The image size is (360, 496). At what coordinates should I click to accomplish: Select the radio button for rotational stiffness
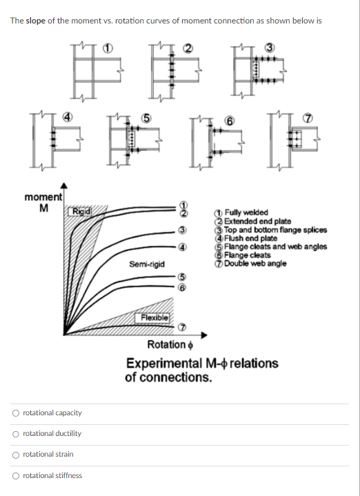(16, 475)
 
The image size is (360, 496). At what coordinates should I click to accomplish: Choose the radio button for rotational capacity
(16, 413)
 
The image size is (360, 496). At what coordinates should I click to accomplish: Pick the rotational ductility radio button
(16, 433)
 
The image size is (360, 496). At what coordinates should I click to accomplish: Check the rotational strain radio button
(16, 454)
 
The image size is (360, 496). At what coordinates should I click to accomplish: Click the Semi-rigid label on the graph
(146, 264)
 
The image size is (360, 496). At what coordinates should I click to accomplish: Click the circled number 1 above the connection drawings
(107, 48)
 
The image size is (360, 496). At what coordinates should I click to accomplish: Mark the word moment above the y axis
(43, 197)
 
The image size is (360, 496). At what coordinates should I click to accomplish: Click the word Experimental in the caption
(166, 363)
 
